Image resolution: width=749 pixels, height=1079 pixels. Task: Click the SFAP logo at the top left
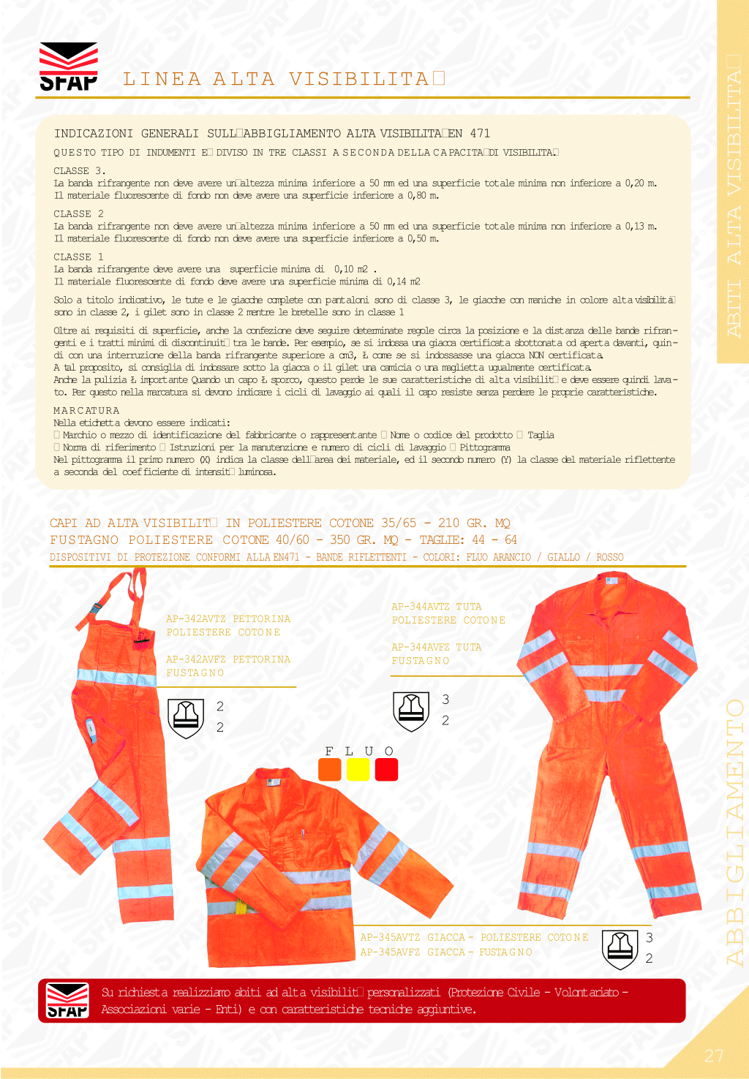[x=68, y=67]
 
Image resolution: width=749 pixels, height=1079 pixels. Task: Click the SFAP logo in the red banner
[x=67, y=1000]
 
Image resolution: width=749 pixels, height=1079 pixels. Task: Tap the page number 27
[x=714, y=1056]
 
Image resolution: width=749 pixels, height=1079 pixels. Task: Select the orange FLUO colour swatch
[x=330, y=770]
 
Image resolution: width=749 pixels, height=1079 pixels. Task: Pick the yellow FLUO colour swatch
[x=358, y=770]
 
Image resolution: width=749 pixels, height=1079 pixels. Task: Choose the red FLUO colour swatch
[x=386, y=770]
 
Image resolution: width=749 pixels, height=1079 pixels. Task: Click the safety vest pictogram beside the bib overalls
[x=186, y=718]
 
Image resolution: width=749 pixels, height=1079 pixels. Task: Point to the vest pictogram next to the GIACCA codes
[x=620, y=949]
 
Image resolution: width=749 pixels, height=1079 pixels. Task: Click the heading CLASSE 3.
[x=79, y=171]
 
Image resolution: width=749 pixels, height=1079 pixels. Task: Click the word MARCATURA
[x=86, y=411]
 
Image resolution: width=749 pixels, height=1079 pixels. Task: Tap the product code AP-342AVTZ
[x=195, y=619]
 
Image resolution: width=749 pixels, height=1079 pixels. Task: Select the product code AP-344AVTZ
[x=421, y=607]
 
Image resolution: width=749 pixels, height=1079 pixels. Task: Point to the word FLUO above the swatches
[x=359, y=751]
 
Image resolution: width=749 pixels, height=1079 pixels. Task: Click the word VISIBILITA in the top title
[x=358, y=79]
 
